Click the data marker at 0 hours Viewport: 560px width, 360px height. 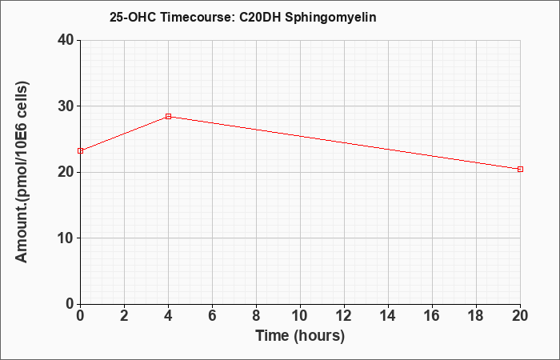[80, 150]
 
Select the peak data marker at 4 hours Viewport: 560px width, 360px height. [168, 117]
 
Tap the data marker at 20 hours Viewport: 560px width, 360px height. [520, 169]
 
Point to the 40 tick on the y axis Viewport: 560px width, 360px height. [66, 40]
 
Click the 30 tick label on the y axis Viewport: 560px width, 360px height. [66, 106]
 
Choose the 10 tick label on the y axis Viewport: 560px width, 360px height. [66, 238]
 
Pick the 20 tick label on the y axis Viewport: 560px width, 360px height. [66, 172]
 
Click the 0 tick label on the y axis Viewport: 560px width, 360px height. [70, 304]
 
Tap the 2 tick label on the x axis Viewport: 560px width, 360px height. [124, 316]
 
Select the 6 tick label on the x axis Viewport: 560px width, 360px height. [212, 316]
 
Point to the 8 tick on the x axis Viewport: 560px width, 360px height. [256, 316]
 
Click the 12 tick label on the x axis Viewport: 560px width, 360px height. [344, 316]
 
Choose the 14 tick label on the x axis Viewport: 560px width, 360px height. [388, 316]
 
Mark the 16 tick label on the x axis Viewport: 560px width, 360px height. [432, 316]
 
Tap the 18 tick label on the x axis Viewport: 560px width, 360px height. [476, 316]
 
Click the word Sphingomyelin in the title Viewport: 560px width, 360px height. [330, 18]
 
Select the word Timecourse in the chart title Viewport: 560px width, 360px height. [197, 17]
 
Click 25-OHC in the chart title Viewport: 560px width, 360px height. [133, 17]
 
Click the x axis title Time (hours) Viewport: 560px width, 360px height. [300, 336]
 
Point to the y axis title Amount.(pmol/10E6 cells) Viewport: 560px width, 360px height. [22, 172]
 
